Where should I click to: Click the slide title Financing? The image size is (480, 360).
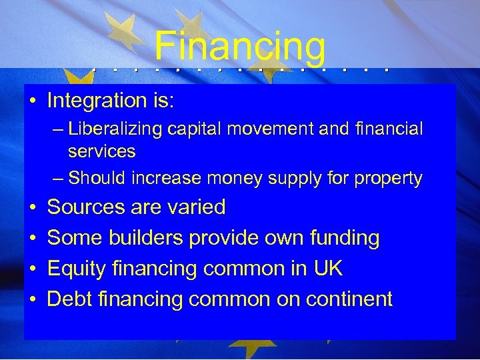pos(240,47)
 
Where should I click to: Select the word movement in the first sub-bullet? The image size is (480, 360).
pos(271,129)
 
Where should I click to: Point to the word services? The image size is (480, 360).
pos(101,151)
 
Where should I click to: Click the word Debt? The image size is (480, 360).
pos(71,299)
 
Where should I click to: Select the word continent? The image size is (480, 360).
pos(349,299)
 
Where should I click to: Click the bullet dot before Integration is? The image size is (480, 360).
pos(32,101)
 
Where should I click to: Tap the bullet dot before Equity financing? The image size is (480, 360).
pos(32,269)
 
